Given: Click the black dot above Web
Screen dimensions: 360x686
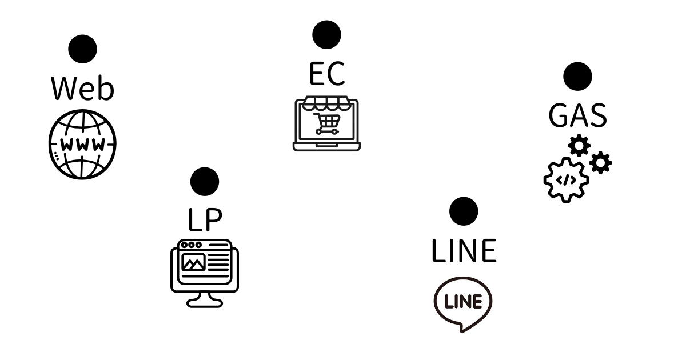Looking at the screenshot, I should click(x=82, y=49).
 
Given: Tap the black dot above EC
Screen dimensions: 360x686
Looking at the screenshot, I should click(x=326, y=34).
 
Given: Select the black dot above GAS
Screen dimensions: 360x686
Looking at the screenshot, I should click(x=577, y=77).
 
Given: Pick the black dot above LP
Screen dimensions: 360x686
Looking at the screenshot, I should click(x=204, y=182).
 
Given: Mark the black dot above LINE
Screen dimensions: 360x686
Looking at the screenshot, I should click(x=464, y=211).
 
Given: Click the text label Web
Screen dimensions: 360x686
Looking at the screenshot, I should click(x=82, y=88).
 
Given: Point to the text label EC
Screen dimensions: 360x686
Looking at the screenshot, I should click(x=326, y=73).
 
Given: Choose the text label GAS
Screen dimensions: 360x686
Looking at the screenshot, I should click(x=577, y=115).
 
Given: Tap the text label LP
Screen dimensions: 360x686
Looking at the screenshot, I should click(x=204, y=220).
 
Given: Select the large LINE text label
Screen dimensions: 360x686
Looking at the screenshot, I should click(x=464, y=251).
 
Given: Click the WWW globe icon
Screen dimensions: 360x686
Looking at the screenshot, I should click(x=82, y=143).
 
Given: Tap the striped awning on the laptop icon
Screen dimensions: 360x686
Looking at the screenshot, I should click(x=326, y=103).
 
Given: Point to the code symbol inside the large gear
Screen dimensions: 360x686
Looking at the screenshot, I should click(x=566, y=180).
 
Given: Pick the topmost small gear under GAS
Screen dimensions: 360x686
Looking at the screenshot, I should click(x=579, y=146).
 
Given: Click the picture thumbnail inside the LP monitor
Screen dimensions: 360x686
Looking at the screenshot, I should click(x=193, y=262).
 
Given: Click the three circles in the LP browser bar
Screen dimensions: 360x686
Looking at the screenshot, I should click(x=191, y=245).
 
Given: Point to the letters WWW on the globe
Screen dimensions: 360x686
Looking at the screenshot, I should click(x=82, y=144).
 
